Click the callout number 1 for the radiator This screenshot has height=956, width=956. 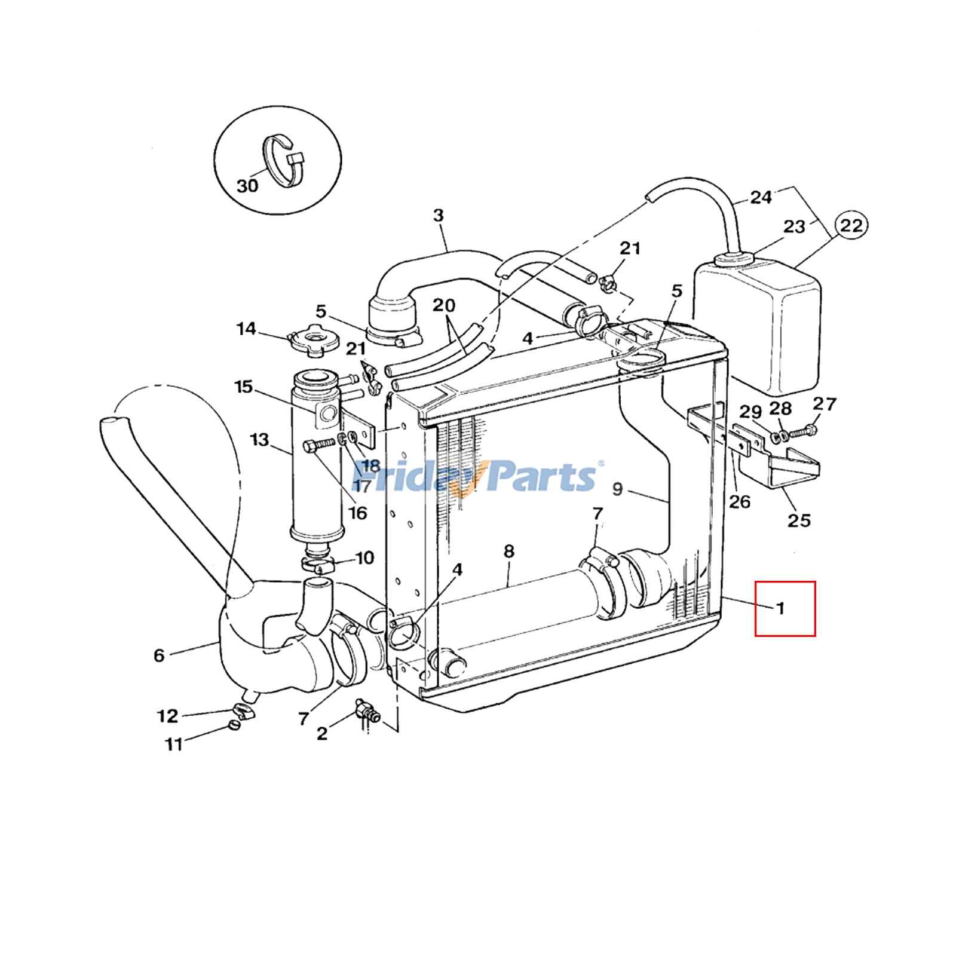[x=780, y=608]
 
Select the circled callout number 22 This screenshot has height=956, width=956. [x=851, y=226]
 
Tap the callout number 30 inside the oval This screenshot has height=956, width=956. [x=247, y=186]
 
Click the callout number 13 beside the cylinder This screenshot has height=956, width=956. [x=259, y=440]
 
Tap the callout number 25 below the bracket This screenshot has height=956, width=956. [x=799, y=520]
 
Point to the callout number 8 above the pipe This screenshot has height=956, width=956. [x=508, y=551]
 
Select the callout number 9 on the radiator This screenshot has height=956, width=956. [x=617, y=489]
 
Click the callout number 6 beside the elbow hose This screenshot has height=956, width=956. [x=159, y=655]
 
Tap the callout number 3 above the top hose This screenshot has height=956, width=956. [x=438, y=215]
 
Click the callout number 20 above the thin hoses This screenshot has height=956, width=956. [x=444, y=305]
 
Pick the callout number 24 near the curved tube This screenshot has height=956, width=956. [x=761, y=197]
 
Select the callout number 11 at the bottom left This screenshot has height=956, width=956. [x=174, y=744]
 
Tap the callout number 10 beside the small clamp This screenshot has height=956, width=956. [x=364, y=558]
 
